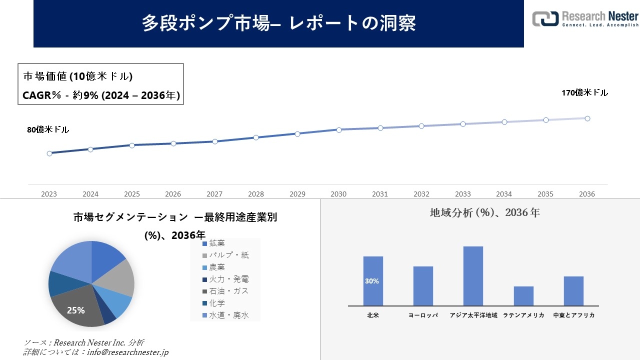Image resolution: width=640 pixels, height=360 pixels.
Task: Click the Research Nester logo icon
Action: click(x=545, y=18)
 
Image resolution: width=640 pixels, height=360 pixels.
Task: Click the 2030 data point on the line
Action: click(x=339, y=130)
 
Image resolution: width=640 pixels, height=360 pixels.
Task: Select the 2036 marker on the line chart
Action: click(x=587, y=118)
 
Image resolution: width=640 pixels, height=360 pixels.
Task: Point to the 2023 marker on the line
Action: click(x=49, y=153)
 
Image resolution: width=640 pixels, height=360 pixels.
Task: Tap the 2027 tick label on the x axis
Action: click(x=214, y=194)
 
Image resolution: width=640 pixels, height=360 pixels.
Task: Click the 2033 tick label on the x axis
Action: click(x=463, y=194)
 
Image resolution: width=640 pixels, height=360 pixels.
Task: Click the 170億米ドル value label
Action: click(x=584, y=93)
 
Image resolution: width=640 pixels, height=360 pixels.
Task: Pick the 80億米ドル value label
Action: click(x=48, y=130)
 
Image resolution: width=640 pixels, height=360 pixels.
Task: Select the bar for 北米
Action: click(x=373, y=281)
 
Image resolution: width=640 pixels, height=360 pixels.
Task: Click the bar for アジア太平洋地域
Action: click(x=473, y=276)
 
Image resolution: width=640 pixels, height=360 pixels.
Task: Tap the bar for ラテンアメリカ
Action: click(x=523, y=296)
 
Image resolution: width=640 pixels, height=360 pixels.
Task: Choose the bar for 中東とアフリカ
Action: click(x=573, y=291)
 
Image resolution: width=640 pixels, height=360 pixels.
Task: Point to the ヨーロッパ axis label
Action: click(x=423, y=315)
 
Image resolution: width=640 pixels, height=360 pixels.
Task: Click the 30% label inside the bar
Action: click(x=372, y=281)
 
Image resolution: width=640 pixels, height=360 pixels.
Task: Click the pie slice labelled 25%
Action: click(x=76, y=310)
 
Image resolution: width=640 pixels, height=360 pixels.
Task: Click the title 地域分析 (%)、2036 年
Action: click(x=484, y=212)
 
